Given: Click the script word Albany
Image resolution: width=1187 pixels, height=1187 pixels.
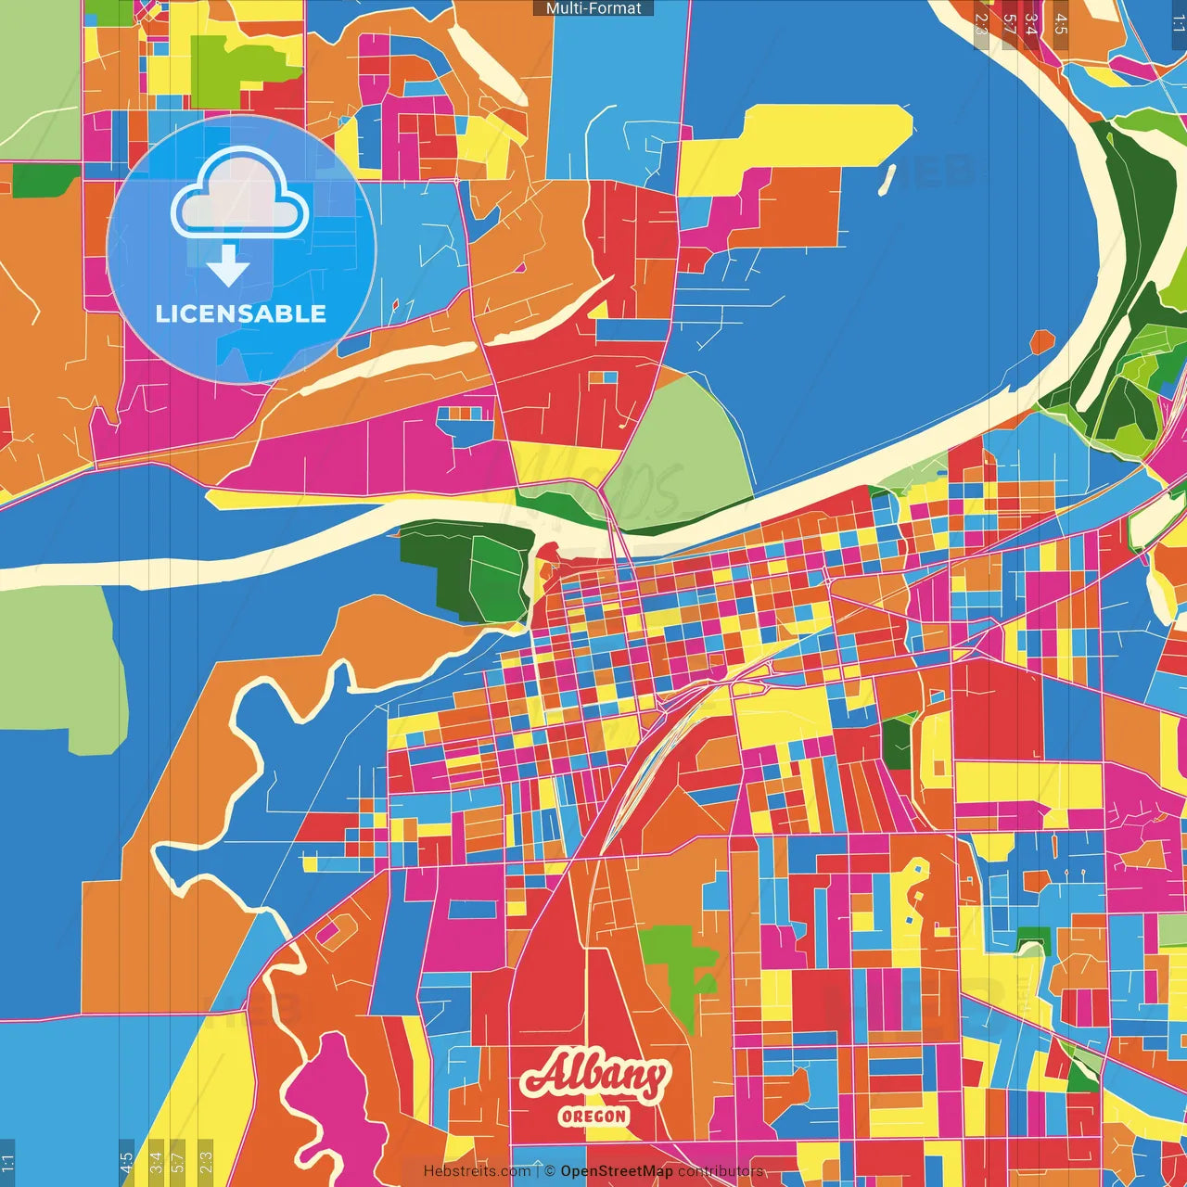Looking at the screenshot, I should (x=594, y=1075).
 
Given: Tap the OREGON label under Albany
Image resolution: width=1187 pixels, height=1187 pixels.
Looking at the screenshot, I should (x=593, y=1116).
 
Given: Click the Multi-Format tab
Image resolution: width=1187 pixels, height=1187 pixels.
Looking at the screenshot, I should (x=593, y=8).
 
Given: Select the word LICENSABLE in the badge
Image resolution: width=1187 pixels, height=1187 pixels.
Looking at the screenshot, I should (x=240, y=313).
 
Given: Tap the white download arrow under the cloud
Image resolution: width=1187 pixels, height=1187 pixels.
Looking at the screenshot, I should (x=228, y=266).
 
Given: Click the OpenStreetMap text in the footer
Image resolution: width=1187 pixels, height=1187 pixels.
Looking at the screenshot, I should (x=616, y=1171).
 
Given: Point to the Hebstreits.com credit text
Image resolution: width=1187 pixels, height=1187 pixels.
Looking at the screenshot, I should (x=477, y=1171).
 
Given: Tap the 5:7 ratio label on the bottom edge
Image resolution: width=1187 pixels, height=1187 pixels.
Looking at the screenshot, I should (x=178, y=1161).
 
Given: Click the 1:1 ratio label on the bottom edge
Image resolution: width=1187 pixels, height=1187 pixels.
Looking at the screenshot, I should (x=7, y=1161).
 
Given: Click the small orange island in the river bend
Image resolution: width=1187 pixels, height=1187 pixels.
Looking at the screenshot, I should (x=1041, y=342).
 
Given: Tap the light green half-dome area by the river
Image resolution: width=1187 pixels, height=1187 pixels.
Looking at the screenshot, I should (x=686, y=445).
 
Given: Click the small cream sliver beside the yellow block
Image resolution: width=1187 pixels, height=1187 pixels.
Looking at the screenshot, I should (x=887, y=180).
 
